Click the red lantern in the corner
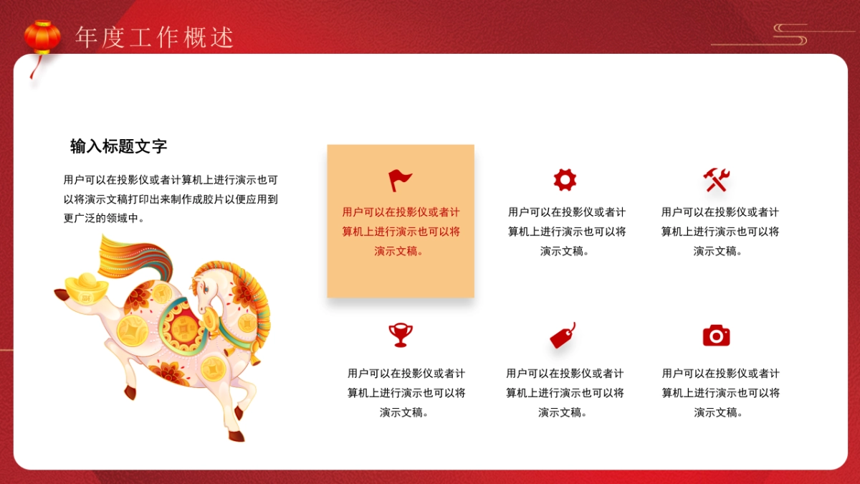42,37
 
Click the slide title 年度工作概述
155,37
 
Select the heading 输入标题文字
119,146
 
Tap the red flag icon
400,180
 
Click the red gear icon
565,179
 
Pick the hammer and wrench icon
716,179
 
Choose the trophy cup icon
400,335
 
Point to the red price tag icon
563,336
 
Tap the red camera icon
716,335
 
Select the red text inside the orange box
401,232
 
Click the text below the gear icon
567,232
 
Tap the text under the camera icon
720,393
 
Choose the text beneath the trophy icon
406,393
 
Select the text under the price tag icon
565,393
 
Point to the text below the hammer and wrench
720,232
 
